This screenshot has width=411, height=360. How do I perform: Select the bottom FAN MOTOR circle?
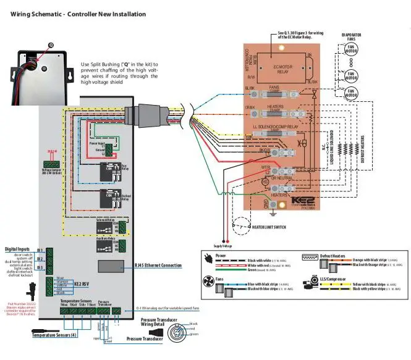tap(350, 94)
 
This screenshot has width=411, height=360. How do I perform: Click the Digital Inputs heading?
tap(17, 249)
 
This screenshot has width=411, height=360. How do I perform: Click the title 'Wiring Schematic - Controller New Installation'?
tap(78, 14)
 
